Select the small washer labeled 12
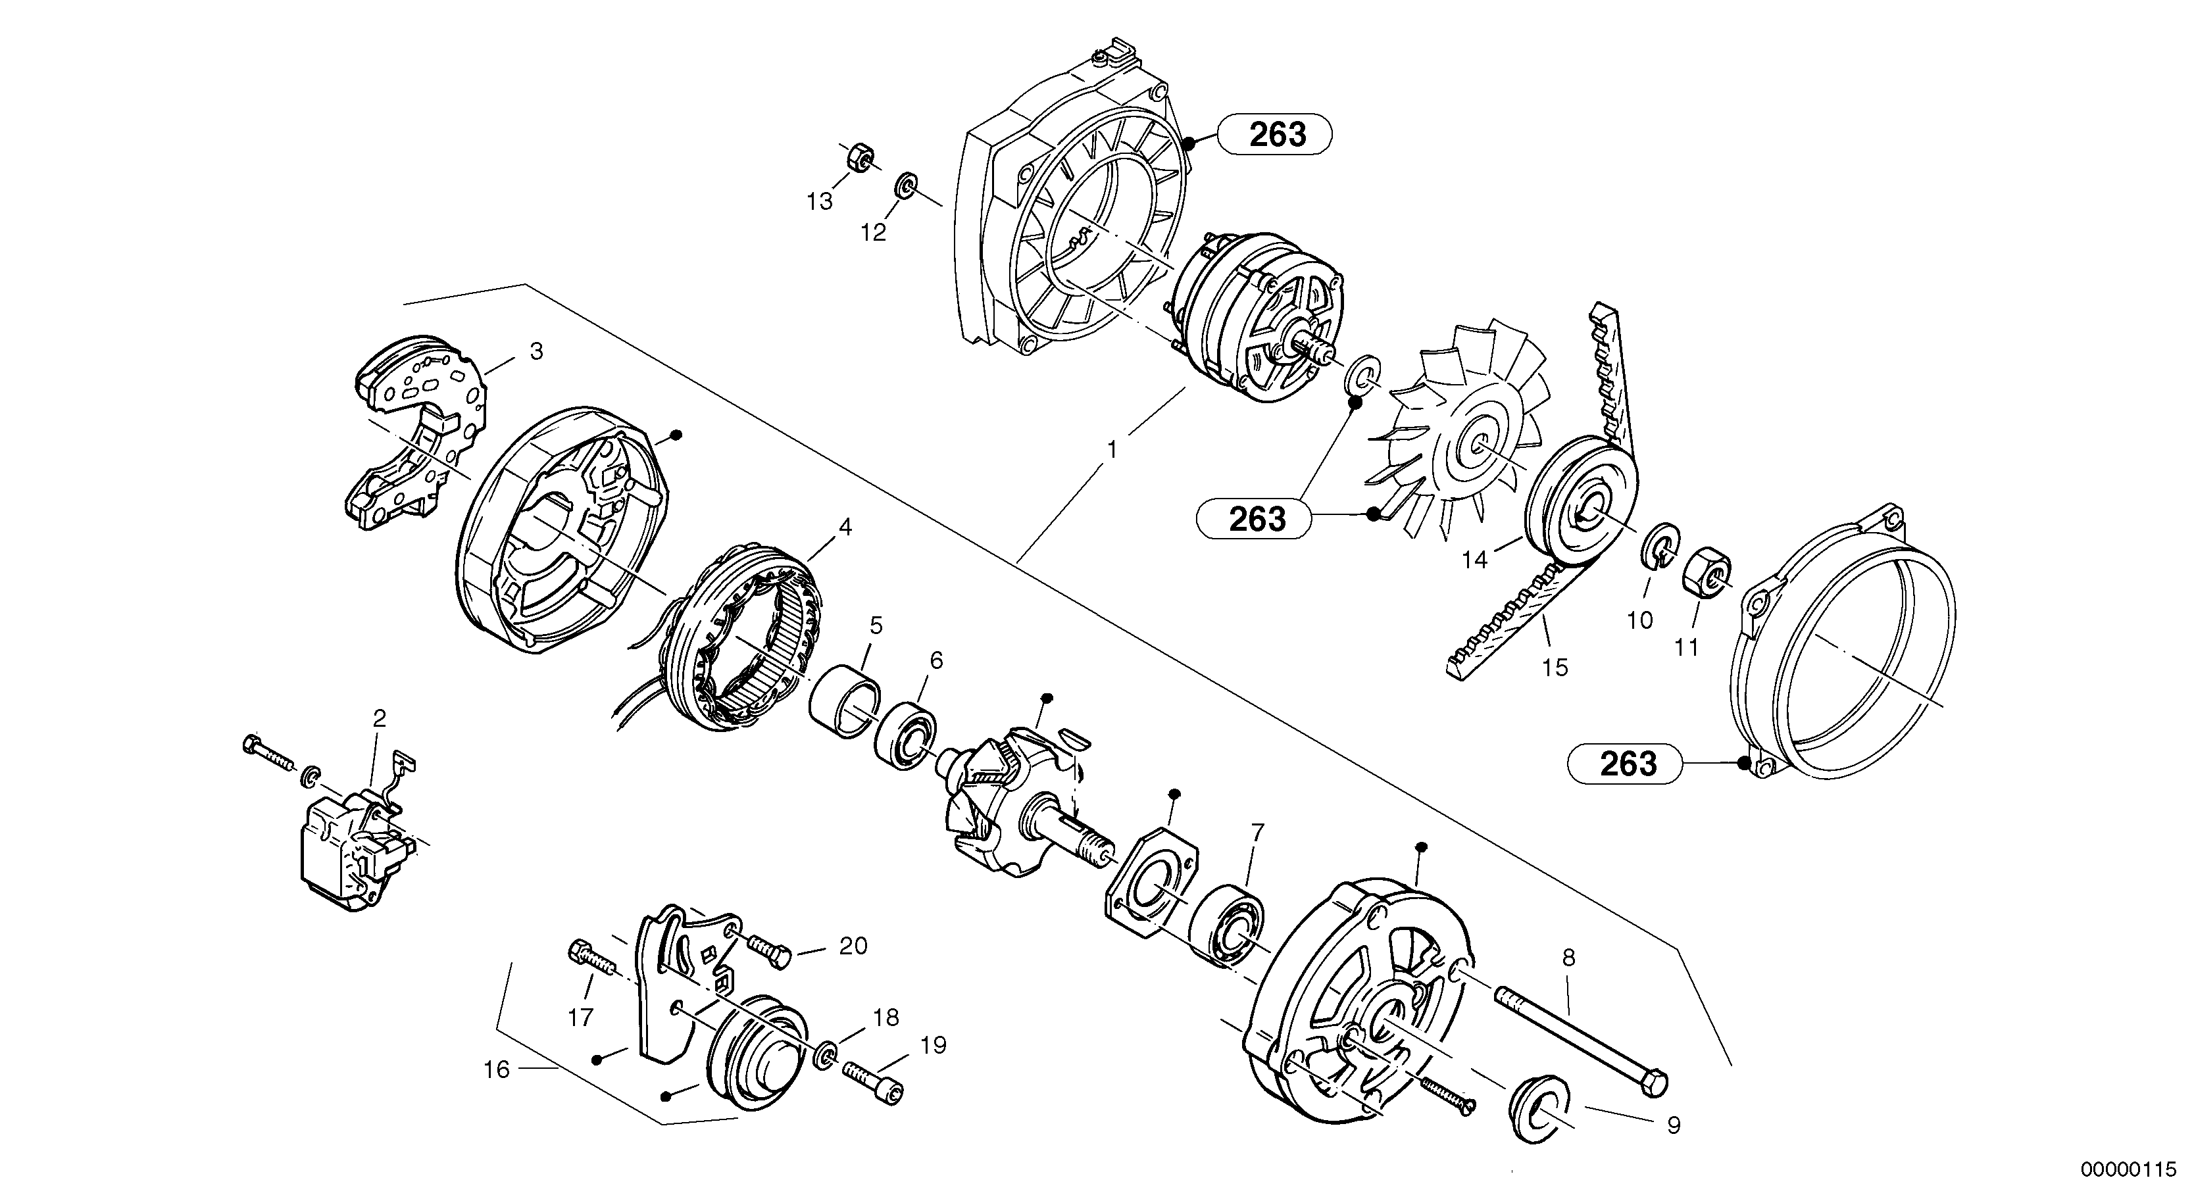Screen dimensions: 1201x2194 pyautogui.click(x=907, y=185)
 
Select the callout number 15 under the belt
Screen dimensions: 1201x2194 pyautogui.click(x=1555, y=668)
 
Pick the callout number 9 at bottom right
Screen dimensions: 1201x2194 pyautogui.click(x=1673, y=1126)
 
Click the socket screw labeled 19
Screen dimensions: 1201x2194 pyautogui.click(x=873, y=1081)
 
